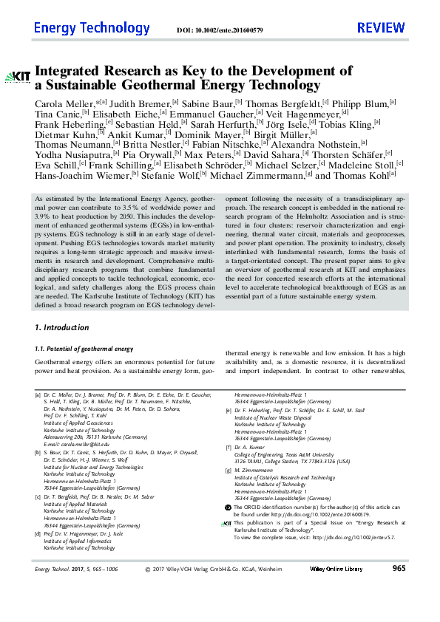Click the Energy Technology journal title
pos(92,28)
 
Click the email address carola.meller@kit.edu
pos(84,444)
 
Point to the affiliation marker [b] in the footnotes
pos(38,451)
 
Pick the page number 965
pos(399,610)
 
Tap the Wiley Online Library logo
pos(336,610)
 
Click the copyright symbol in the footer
pos(148,610)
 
